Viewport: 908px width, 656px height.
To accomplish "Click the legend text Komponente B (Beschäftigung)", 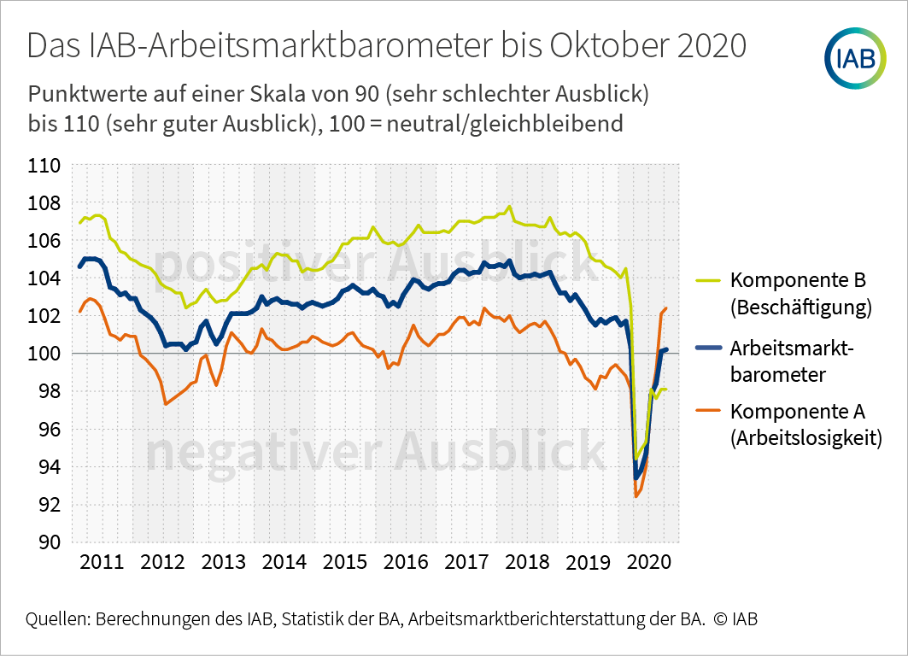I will point(800,294).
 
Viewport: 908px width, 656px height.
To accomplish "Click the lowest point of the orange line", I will point(636,496).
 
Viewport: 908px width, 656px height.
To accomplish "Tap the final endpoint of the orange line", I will point(666,308).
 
